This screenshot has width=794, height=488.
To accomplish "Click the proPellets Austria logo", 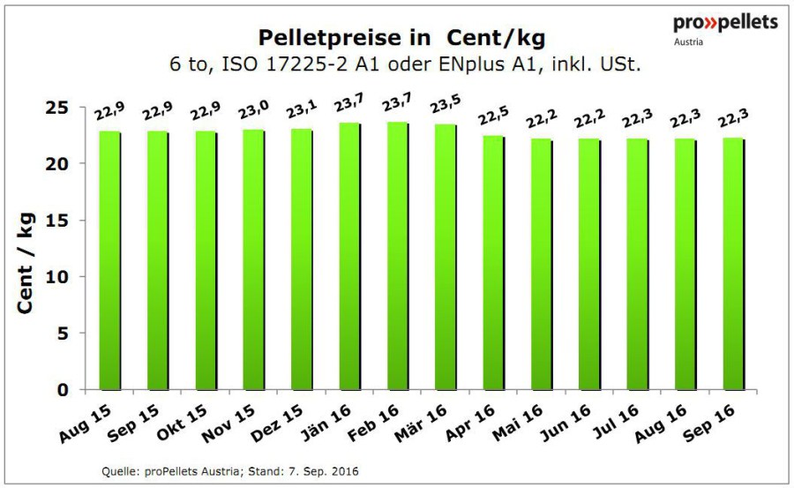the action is [725, 29].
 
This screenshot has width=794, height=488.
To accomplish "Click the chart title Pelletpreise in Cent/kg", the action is [402, 38].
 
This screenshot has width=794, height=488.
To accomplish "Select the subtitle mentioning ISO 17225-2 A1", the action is [405, 65].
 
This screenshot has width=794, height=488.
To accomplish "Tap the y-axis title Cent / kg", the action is [26, 263].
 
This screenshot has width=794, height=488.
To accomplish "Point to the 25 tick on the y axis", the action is [56, 108].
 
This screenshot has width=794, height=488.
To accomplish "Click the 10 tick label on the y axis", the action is [56, 277].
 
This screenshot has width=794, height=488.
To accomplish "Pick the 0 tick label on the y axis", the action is [63, 390].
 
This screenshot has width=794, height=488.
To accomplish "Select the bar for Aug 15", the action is [110, 260].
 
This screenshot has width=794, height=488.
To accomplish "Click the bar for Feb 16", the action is [399, 256].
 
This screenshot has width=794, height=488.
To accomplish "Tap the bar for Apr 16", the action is [494, 263].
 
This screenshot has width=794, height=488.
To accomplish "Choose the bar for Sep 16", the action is [734, 264].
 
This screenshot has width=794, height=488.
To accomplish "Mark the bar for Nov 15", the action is [254, 260].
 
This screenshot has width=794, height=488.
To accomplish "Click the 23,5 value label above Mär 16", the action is [446, 104].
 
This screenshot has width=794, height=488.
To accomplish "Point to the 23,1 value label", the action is [302, 109].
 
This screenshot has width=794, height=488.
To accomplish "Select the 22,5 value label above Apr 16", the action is [494, 116].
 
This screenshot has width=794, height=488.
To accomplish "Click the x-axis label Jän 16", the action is [326, 424].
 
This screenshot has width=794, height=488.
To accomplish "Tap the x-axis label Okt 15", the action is [182, 424].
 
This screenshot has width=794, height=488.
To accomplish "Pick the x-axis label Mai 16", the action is [518, 424].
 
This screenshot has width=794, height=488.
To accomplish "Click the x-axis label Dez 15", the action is [277, 424].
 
